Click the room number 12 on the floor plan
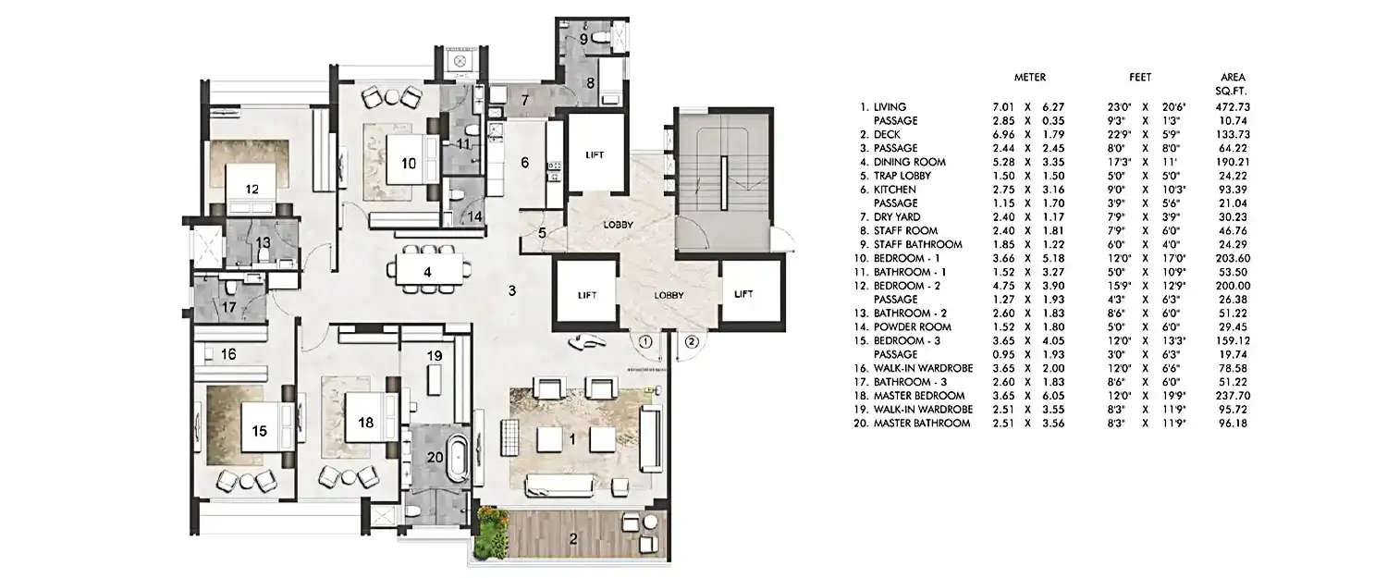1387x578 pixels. point(252,189)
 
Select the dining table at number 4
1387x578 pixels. point(427,272)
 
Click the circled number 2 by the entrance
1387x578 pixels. point(691,341)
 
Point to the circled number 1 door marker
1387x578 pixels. point(645,341)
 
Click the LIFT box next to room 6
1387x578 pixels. point(595,155)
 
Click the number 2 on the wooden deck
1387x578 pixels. point(572,539)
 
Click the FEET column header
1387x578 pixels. point(1138,78)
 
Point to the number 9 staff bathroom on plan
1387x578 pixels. point(583,39)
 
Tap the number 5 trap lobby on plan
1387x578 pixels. point(543,232)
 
